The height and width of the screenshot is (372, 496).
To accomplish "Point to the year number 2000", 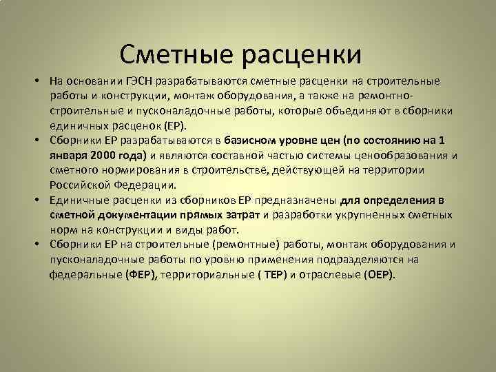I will tap(107, 156).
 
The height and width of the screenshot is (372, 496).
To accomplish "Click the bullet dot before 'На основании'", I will tap(40, 82).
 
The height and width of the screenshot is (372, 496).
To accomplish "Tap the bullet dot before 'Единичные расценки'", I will tap(40, 200).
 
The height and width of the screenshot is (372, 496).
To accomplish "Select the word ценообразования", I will tap(401, 156).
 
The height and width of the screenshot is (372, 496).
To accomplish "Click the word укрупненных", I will tap(373, 215).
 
